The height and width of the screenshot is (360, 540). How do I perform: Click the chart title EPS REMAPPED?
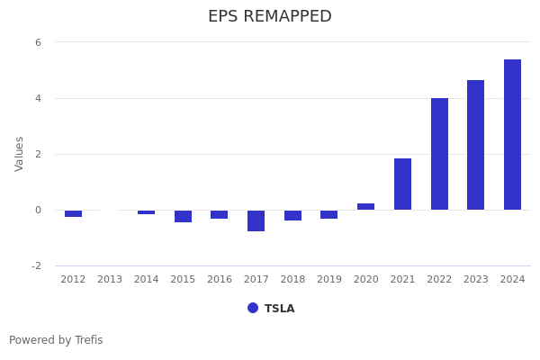(x=270, y=17)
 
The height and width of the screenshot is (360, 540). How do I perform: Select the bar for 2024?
(x=512, y=135)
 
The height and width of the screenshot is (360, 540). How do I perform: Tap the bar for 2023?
(x=475, y=145)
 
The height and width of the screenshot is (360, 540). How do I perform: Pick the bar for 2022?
(x=439, y=154)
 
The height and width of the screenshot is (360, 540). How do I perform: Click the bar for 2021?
(x=402, y=184)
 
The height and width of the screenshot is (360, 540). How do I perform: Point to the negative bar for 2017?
(x=256, y=220)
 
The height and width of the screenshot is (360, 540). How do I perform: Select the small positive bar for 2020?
(x=365, y=207)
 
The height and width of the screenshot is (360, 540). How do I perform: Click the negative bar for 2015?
(x=183, y=216)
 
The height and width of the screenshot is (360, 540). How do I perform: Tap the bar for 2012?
(x=73, y=213)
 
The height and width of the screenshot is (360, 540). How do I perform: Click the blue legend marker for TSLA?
(x=253, y=308)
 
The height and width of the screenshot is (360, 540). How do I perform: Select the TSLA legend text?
(x=279, y=309)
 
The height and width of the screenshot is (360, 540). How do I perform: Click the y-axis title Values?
(x=20, y=154)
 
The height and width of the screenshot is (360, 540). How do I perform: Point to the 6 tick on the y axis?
(x=38, y=42)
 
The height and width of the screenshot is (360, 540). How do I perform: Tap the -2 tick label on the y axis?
(x=36, y=265)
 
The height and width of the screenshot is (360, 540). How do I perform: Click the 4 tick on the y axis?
(x=38, y=98)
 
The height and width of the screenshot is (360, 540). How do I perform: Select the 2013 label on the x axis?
(x=110, y=280)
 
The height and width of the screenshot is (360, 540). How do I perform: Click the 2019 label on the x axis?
(x=329, y=280)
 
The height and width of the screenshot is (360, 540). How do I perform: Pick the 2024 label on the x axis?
(x=512, y=280)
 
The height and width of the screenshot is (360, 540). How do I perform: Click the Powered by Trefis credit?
(x=56, y=340)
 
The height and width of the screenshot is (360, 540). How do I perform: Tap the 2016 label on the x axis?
(x=220, y=280)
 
